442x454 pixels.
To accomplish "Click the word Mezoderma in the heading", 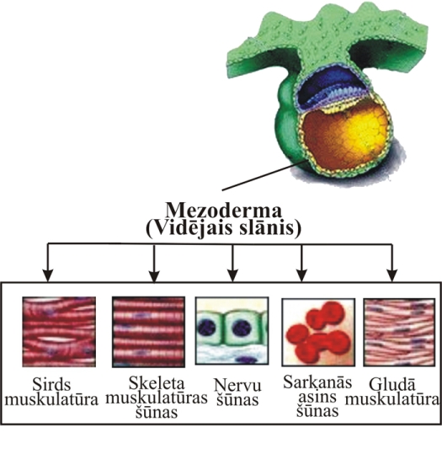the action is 223,210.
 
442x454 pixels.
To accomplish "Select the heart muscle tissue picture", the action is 59,332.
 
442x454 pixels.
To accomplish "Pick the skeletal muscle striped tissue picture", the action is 148,332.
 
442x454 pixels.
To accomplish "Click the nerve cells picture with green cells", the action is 232,330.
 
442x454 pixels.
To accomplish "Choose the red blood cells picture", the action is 318,332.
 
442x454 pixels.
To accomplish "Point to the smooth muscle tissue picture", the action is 399,332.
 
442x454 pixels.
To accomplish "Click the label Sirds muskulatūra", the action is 51,392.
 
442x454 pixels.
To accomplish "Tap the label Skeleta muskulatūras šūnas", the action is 157,397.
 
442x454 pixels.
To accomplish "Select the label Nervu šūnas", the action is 237,392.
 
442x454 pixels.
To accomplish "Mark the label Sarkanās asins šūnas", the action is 317,396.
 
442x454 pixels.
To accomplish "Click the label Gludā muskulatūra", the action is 392,392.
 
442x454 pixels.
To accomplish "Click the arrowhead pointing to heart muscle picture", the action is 48,276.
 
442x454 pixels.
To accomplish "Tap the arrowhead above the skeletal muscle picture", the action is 154,276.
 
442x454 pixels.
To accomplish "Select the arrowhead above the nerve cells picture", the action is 232,276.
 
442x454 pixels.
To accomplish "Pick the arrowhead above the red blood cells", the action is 301,276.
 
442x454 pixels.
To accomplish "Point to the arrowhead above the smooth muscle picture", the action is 392,276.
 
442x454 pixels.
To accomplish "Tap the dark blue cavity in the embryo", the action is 330,84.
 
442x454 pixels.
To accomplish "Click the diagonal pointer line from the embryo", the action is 264,175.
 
